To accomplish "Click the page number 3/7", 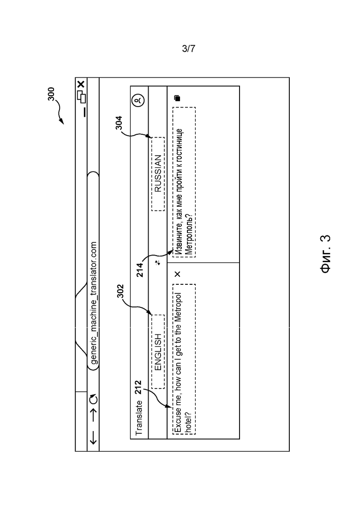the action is point(189,49).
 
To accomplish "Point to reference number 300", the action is point(51,94).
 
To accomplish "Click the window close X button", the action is point(81,84).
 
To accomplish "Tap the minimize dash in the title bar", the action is point(85,112).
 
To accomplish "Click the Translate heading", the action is point(139,418).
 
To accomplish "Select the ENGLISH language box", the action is point(158,352).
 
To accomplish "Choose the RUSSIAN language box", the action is point(158,174).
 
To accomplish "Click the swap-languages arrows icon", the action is point(158,263).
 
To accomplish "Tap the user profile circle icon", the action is point(138,100).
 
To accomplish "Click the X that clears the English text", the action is point(177,274).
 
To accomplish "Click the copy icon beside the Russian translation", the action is point(177,98).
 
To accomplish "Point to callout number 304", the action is point(119,123).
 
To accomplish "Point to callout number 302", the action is point(120,291).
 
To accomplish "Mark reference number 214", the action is point(139,270).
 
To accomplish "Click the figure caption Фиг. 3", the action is point(325,254).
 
